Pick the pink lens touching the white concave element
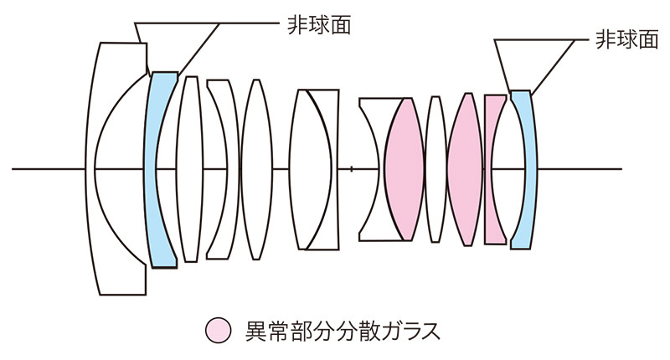[404, 169]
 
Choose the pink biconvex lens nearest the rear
[465, 169]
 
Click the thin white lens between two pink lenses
[435, 169]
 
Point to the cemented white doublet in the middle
[314, 169]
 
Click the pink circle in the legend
[218, 330]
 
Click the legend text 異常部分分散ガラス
[343, 331]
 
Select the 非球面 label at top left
[319, 25]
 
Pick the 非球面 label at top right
[626, 39]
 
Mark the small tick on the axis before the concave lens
[351, 169]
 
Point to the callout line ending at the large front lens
[137, 33]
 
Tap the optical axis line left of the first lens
[49, 169]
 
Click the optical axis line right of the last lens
[580, 169]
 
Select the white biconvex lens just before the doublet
[256, 169]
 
